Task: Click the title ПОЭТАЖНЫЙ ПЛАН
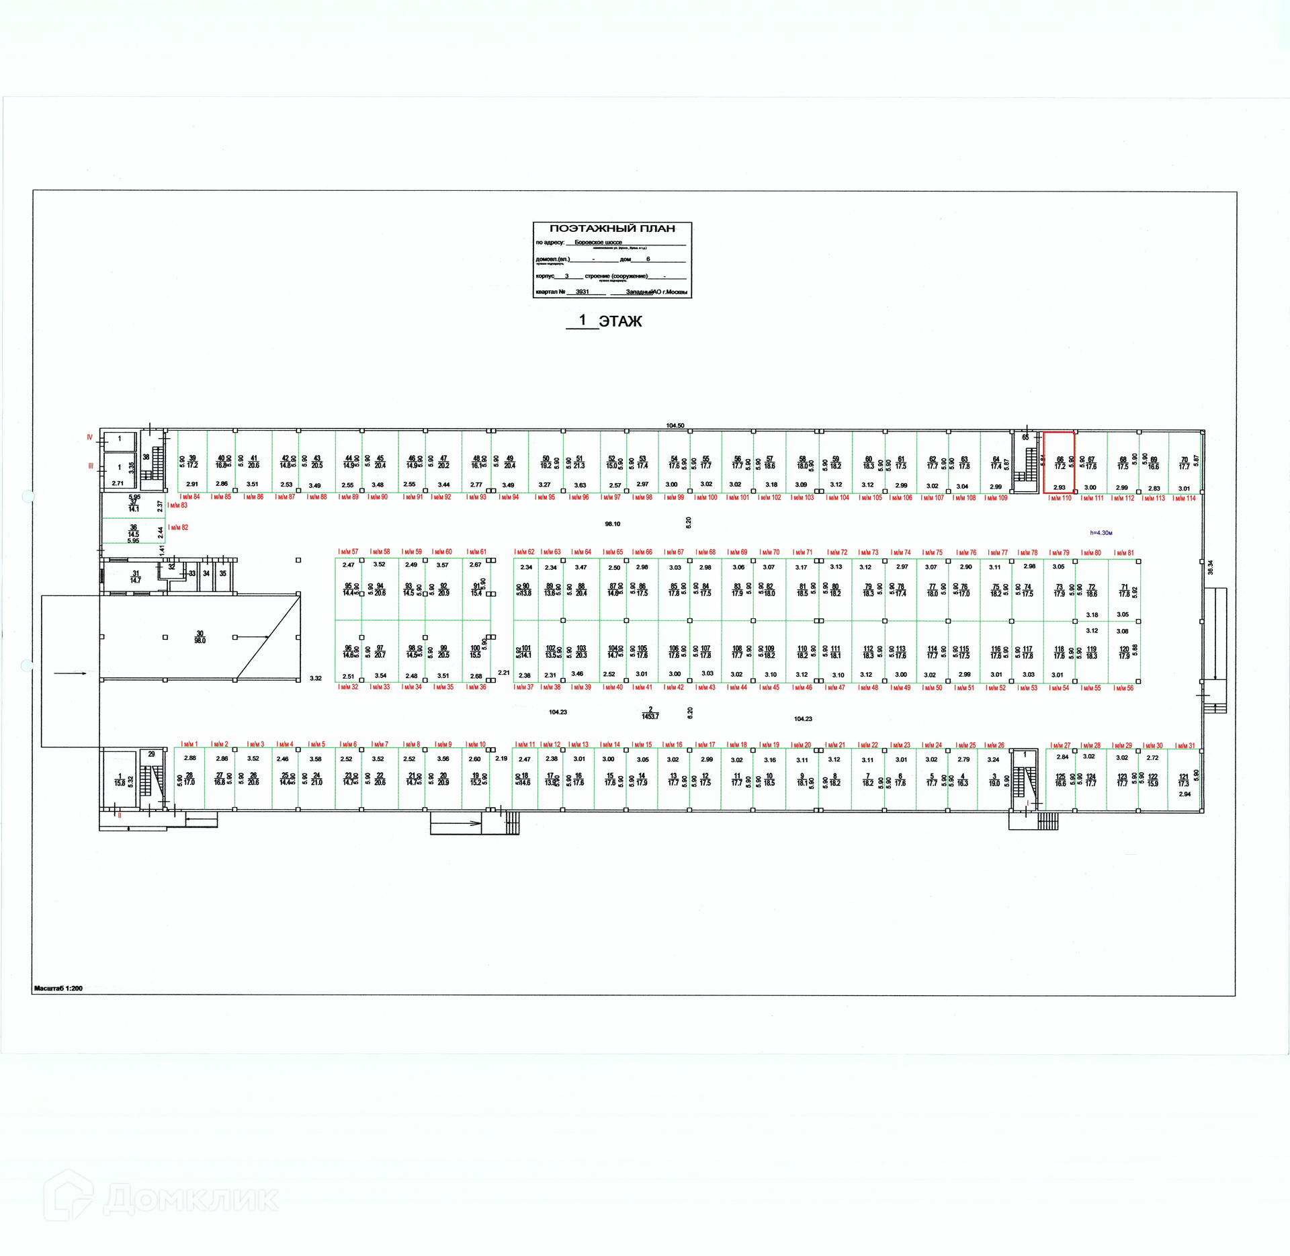coord(612,228)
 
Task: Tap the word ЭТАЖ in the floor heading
coord(620,322)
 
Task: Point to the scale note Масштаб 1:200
coord(58,989)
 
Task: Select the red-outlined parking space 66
coord(1059,463)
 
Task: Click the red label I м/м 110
coord(1060,498)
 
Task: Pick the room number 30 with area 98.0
coord(200,637)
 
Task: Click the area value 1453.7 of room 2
coord(650,716)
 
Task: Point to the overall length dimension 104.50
coord(675,425)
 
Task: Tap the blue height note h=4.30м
coord(1101,533)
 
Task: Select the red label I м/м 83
coord(178,505)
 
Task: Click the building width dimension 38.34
coord(1211,567)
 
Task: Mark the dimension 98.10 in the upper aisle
coord(612,524)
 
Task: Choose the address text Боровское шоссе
coord(598,243)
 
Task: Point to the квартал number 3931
coord(582,292)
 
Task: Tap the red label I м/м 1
coord(189,745)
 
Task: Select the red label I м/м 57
coord(348,552)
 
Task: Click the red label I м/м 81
coord(1124,553)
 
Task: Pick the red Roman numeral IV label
coord(89,437)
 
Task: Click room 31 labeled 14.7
coord(136,577)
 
